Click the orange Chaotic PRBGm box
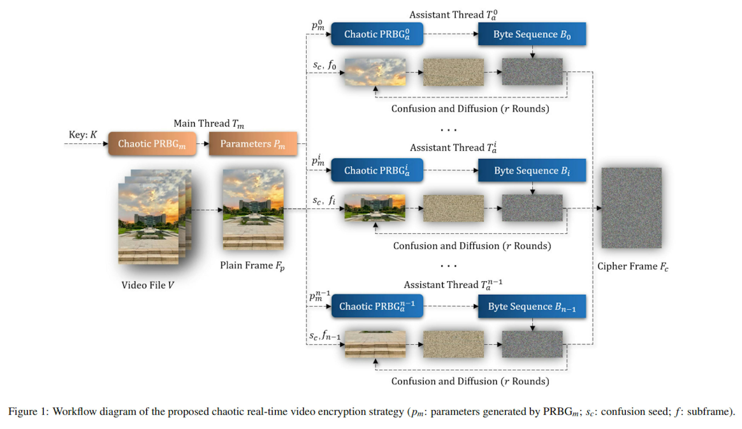point(152,144)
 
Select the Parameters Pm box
point(253,144)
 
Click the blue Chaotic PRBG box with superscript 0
point(377,34)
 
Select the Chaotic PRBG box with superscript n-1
point(377,306)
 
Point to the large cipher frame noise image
point(631,208)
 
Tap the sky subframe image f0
point(375,72)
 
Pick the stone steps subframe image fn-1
point(375,344)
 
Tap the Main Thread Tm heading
point(208,123)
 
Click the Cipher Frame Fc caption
point(632,266)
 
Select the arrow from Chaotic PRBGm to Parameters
point(203,144)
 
